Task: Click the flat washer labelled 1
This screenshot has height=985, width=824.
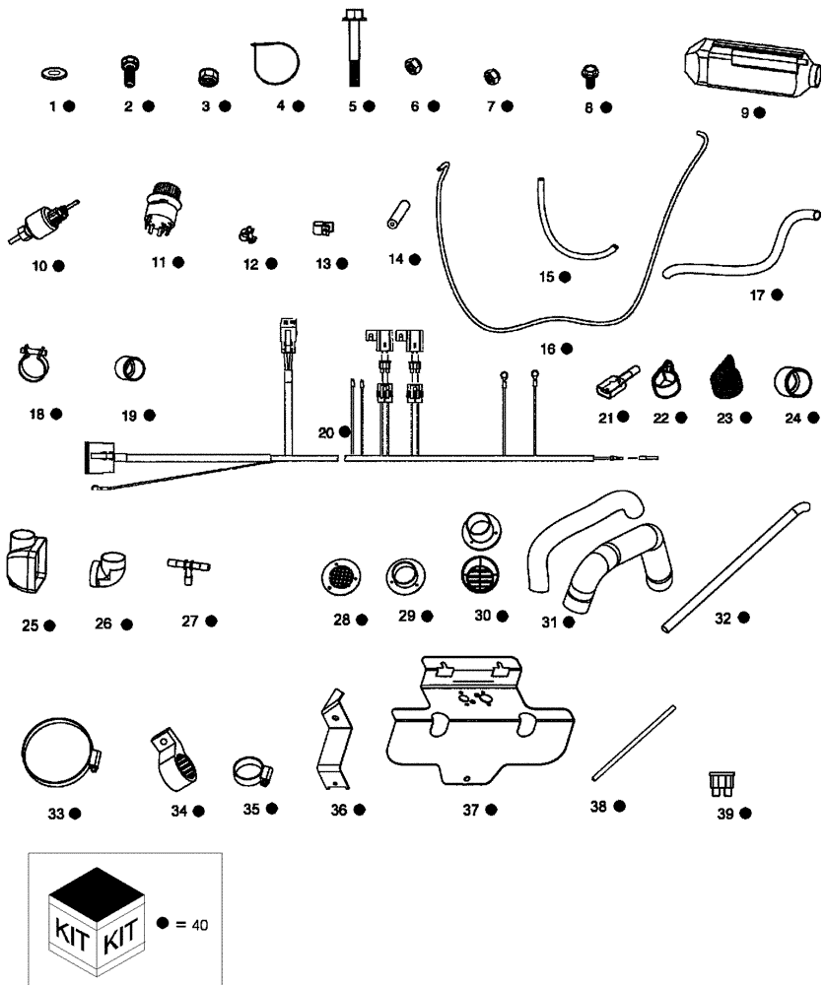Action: coord(50,73)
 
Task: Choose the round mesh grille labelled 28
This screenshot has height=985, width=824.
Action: coord(340,576)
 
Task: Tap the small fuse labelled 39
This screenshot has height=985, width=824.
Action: coord(719,784)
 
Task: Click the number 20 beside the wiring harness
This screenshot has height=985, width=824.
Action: coord(327,431)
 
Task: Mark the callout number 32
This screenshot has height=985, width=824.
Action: coord(723,618)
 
